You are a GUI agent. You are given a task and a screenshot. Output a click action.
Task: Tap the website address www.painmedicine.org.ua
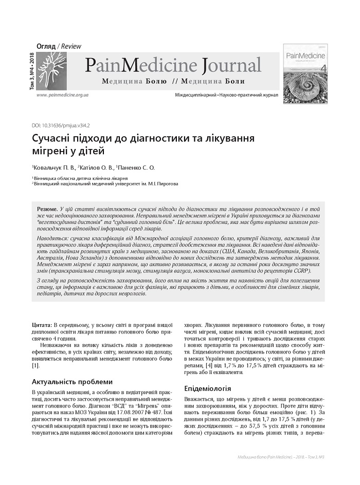click(x=62, y=96)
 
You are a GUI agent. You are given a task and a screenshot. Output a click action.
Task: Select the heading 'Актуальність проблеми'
click(x=71, y=382)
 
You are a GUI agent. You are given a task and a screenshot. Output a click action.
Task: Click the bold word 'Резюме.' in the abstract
click(x=47, y=210)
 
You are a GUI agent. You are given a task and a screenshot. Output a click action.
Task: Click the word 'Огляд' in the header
click(x=46, y=46)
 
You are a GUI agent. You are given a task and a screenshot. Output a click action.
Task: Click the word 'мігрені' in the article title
click(x=48, y=152)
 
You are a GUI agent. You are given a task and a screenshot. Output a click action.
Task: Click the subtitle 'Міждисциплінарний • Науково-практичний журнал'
click(x=227, y=96)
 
